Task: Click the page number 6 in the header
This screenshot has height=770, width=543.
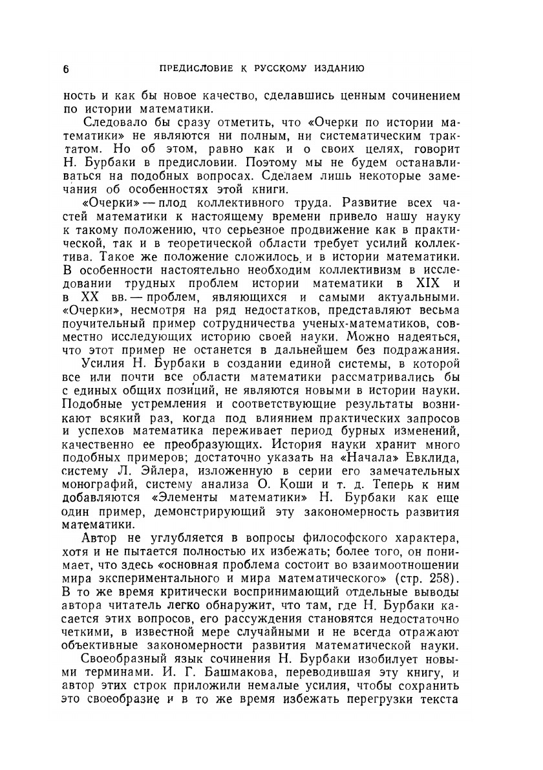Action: click(67, 69)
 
